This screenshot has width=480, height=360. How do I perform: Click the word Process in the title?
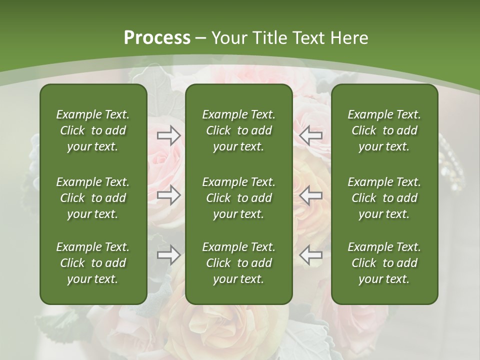coord(157,38)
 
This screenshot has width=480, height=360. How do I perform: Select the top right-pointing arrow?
coord(169,135)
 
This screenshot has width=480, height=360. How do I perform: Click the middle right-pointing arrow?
coord(169,195)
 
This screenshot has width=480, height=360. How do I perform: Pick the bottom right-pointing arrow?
coord(169,255)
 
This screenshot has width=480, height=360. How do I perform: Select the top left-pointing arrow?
coord(311,135)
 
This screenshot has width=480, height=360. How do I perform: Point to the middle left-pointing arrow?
coord(311,195)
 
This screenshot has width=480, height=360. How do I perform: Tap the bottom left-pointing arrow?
coord(311,255)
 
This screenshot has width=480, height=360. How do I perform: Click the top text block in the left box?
coord(93,130)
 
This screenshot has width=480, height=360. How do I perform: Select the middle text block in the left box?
coord(93,198)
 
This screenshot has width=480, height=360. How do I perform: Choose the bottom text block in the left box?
coord(93,263)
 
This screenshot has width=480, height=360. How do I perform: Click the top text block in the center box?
coord(238,130)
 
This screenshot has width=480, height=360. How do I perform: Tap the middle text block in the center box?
coord(238,198)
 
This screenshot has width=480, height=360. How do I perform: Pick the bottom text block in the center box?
coord(238,263)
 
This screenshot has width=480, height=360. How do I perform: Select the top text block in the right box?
coord(384,130)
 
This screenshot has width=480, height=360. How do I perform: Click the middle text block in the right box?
coord(384,198)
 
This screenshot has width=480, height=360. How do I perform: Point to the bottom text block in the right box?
coord(384,263)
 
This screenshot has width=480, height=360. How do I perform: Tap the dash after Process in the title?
coord(201,38)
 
